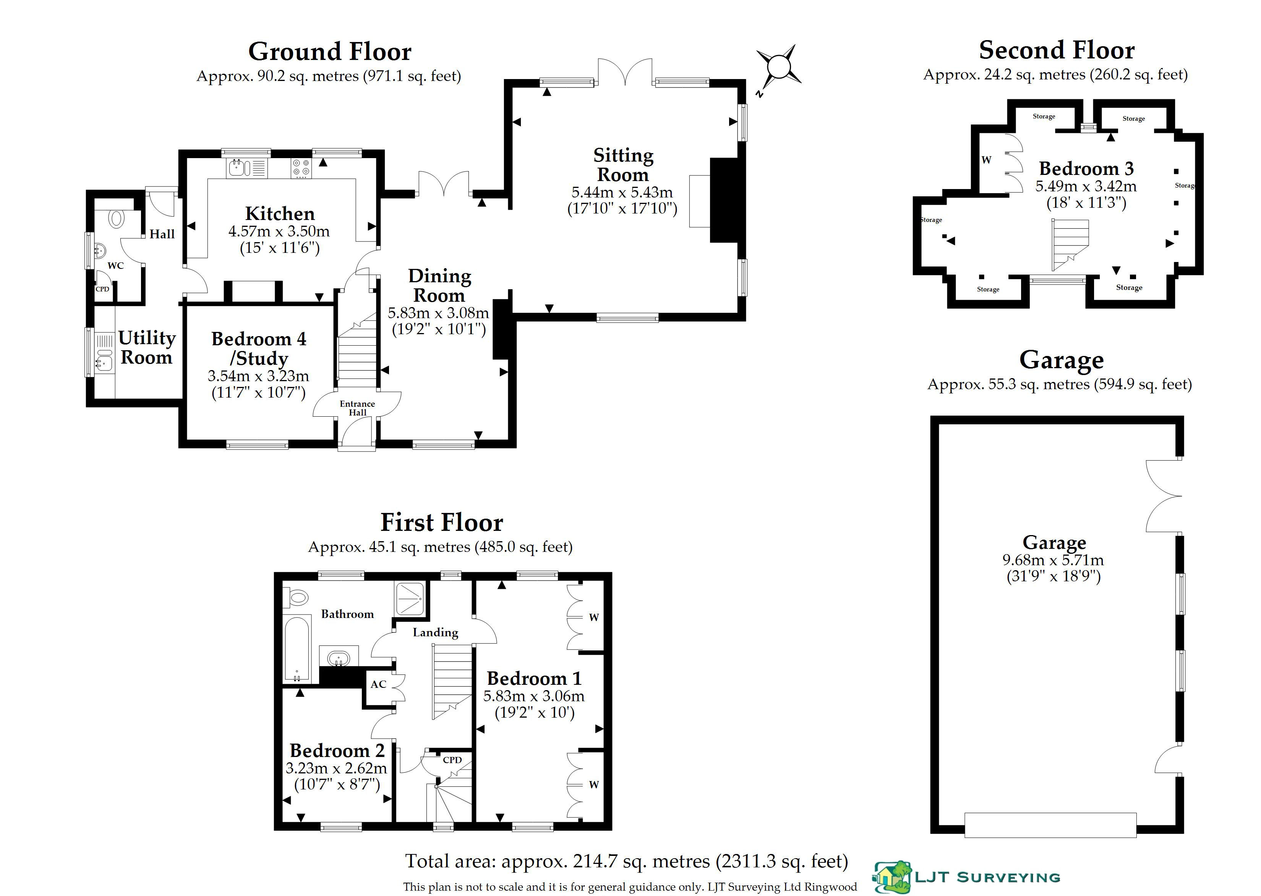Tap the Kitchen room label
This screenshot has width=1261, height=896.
[x=280, y=213]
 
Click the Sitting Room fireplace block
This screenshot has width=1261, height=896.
[x=724, y=200]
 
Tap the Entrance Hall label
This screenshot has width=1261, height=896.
[x=357, y=408]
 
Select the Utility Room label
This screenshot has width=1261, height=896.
[x=147, y=347]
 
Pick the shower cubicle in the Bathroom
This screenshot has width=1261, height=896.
[x=410, y=598]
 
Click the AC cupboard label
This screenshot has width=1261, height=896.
[x=378, y=684]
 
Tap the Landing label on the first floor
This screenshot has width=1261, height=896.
[x=435, y=632]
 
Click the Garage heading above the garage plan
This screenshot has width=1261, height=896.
[x=1061, y=360]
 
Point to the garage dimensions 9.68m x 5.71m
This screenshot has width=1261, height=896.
[x=1053, y=560]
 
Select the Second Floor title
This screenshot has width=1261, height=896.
[x=1056, y=50]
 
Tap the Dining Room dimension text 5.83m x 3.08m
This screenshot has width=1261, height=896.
[x=438, y=313]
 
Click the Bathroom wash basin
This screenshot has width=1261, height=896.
[x=338, y=658]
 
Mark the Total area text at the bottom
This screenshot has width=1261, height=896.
[x=626, y=861]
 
